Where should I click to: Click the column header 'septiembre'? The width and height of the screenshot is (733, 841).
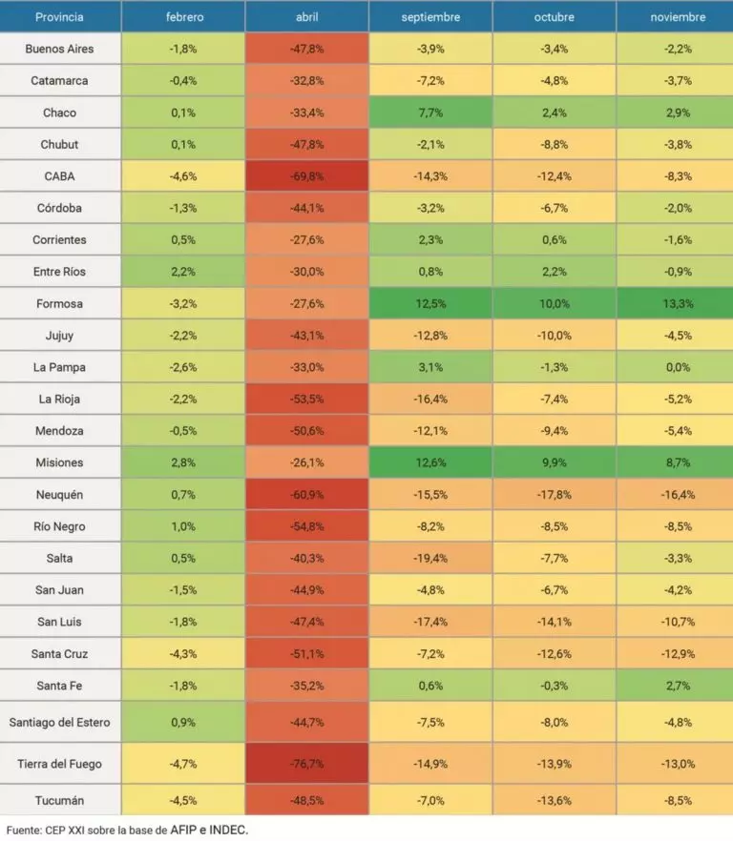[430, 17]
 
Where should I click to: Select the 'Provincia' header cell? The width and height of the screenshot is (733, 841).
[59, 17]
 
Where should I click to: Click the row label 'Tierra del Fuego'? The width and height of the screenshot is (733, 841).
[59, 764]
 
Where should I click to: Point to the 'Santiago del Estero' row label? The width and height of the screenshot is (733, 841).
[59, 722]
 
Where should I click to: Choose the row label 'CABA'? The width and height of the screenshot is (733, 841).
[59, 176]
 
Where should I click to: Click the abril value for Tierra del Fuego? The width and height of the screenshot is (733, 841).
[306, 764]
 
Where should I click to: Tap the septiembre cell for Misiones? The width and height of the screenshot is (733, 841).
[430, 462]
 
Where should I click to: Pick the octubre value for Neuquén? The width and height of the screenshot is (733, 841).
[554, 494]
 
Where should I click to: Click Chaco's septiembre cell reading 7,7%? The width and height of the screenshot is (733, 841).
[430, 113]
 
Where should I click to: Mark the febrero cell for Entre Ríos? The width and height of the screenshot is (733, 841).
[182, 272]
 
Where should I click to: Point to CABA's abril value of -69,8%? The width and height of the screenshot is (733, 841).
[306, 176]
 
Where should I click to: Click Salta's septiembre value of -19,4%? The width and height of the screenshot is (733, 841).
[430, 558]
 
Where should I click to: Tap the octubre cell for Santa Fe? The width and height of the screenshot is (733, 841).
[554, 685]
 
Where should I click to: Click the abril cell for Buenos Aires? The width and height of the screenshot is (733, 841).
[306, 49]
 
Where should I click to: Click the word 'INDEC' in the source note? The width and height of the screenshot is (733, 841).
[228, 831]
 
